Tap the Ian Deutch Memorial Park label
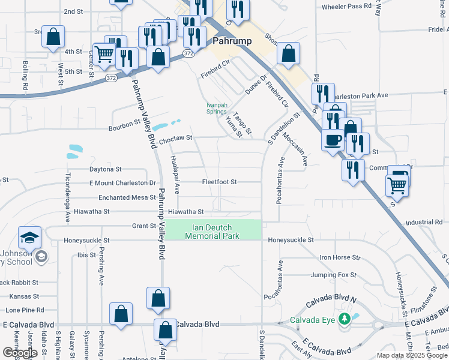(x=212, y=232)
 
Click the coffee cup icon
(x=333, y=140)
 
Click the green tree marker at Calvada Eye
(x=344, y=318)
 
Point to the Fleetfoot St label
(x=219, y=182)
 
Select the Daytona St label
(x=105, y=170)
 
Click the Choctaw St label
(x=175, y=138)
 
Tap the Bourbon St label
(x=124, y=128)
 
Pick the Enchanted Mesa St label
(x=122, y=197)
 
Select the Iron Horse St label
(x=339, y=257)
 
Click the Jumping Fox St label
(x=334, y=275)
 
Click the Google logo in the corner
(x=20, y=353)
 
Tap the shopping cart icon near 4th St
(x=104, y=53)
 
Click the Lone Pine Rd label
(x=24, y=310)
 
